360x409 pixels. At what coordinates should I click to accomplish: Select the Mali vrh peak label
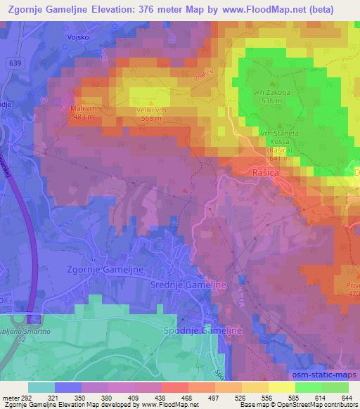tap(82, 108)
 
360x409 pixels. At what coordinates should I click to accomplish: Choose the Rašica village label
tap(266, 171)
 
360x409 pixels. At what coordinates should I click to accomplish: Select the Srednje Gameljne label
tap(186, 284)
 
